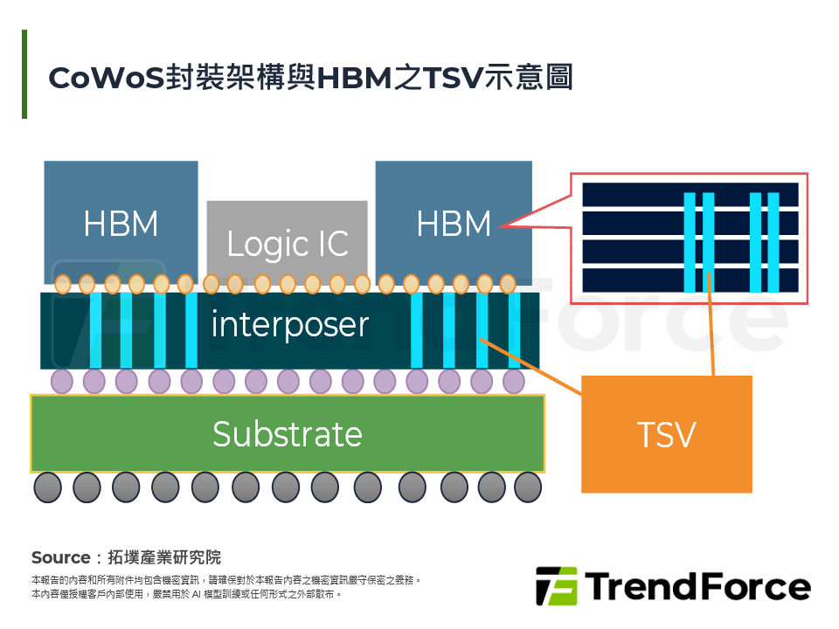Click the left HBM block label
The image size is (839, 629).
[x=121, y=225]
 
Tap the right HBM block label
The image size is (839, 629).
[x=454, y=225]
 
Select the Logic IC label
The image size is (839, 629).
[x=288, y=245]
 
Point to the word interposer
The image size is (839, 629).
[x=289, y=325]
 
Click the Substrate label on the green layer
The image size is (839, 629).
[x=288, y=434]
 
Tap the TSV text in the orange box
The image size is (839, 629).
[x=666, y=434]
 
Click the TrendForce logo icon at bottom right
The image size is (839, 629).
[x=557, y=586]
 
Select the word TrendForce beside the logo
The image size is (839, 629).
[x=697, y=586]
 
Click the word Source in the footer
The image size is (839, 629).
[x=60, y=557]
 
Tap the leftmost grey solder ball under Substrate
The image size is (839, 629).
[x=47, y=487]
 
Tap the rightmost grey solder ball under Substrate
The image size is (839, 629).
[x=528, y=487]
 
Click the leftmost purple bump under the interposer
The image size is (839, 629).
[x=62, y=381]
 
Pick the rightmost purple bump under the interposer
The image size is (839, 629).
[x=514, y=381]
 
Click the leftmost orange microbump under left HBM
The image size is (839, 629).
[x=62, y=284]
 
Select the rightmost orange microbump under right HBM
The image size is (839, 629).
[x=508, y=284]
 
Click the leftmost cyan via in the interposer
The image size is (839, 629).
[x=96, y=330]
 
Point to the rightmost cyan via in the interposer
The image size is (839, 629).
[x=515, y=330]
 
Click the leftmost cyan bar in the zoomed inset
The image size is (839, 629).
[x=690, y=242]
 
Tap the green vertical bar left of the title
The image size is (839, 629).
[x=24, y=74]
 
